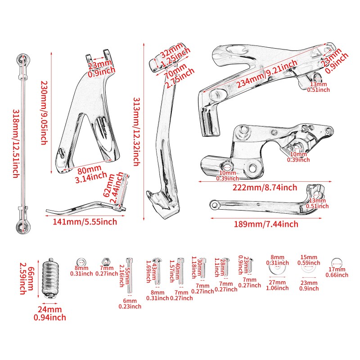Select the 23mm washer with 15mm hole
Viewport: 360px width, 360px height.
pos(308,269)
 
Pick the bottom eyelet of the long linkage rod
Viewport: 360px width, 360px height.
pos(22,224)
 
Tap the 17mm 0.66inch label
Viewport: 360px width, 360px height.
pos(336,273)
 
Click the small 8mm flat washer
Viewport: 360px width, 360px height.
pos(81,262)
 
